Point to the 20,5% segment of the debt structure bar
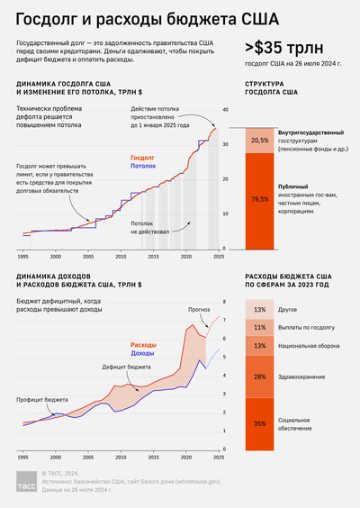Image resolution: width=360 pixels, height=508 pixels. [x=260, y=141]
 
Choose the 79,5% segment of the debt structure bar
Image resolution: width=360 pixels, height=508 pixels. [x=260, y=198]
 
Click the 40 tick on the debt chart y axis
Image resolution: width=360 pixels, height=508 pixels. [x=225, y=110]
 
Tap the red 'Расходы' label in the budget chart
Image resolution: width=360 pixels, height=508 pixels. [x=145, y=345]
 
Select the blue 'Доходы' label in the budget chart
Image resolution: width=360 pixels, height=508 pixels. [x=144, y=353]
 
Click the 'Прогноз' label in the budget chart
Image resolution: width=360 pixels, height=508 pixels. [x=199, y=309]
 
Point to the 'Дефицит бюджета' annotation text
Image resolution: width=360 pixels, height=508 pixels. [x=127, y=367]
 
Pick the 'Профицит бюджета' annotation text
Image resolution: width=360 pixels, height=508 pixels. [x=42, y=399]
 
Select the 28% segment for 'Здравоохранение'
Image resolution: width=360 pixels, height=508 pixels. [x=259, y=376]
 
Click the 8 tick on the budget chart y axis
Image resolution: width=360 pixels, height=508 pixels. [x=225, y=302]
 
